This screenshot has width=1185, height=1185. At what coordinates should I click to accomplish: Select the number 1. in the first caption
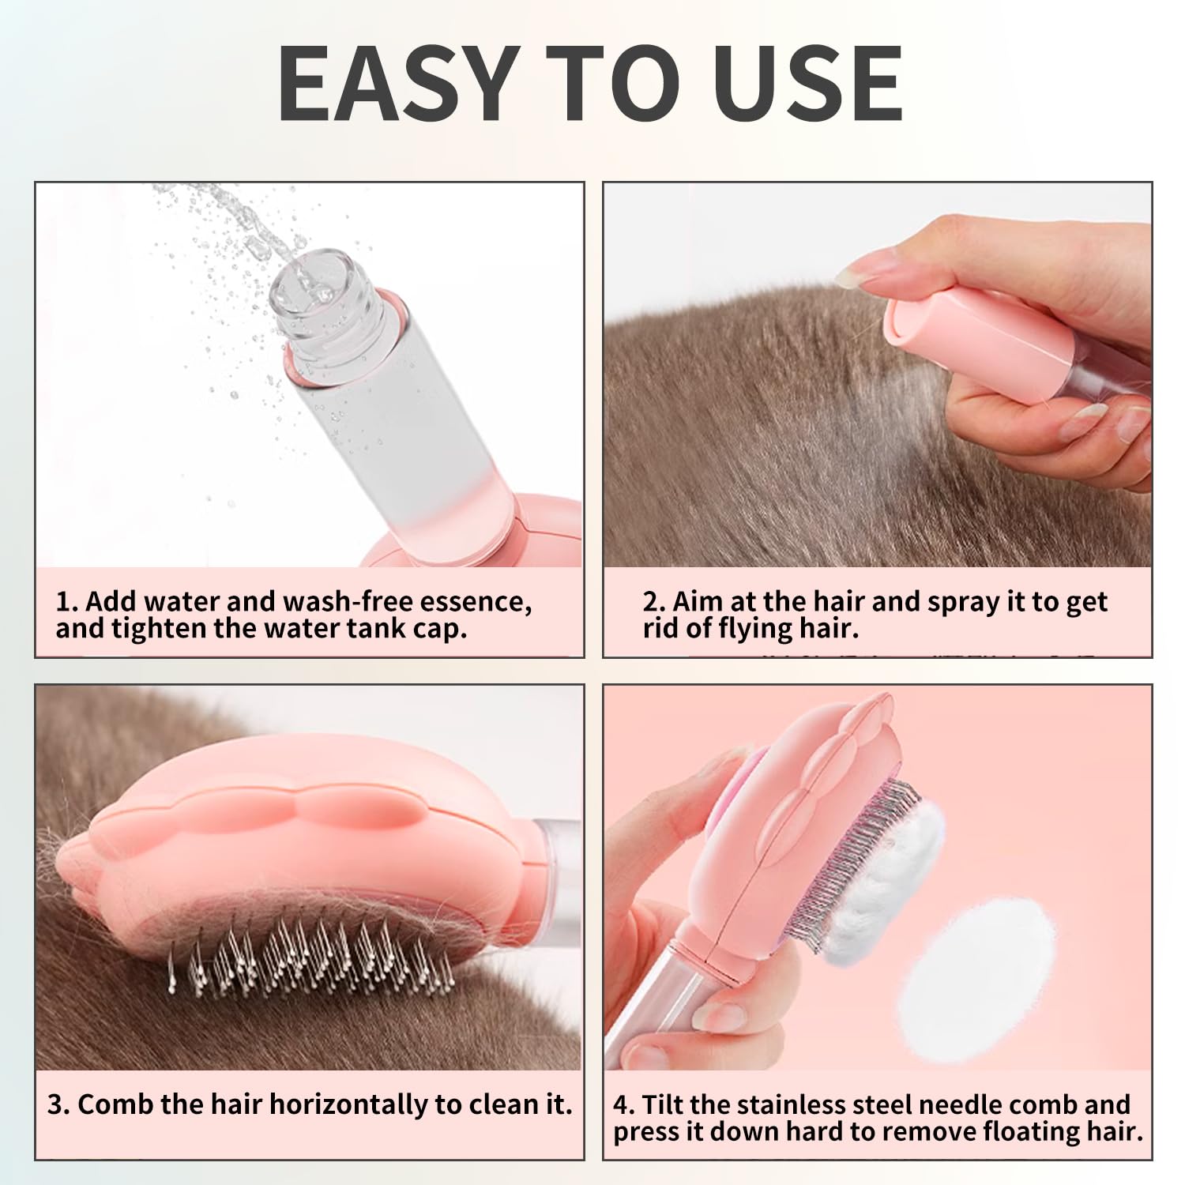click(67, 602)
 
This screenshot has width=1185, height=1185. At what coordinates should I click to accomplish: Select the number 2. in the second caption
click(655, 602)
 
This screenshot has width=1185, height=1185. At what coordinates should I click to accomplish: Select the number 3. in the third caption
click(59, 1104)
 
